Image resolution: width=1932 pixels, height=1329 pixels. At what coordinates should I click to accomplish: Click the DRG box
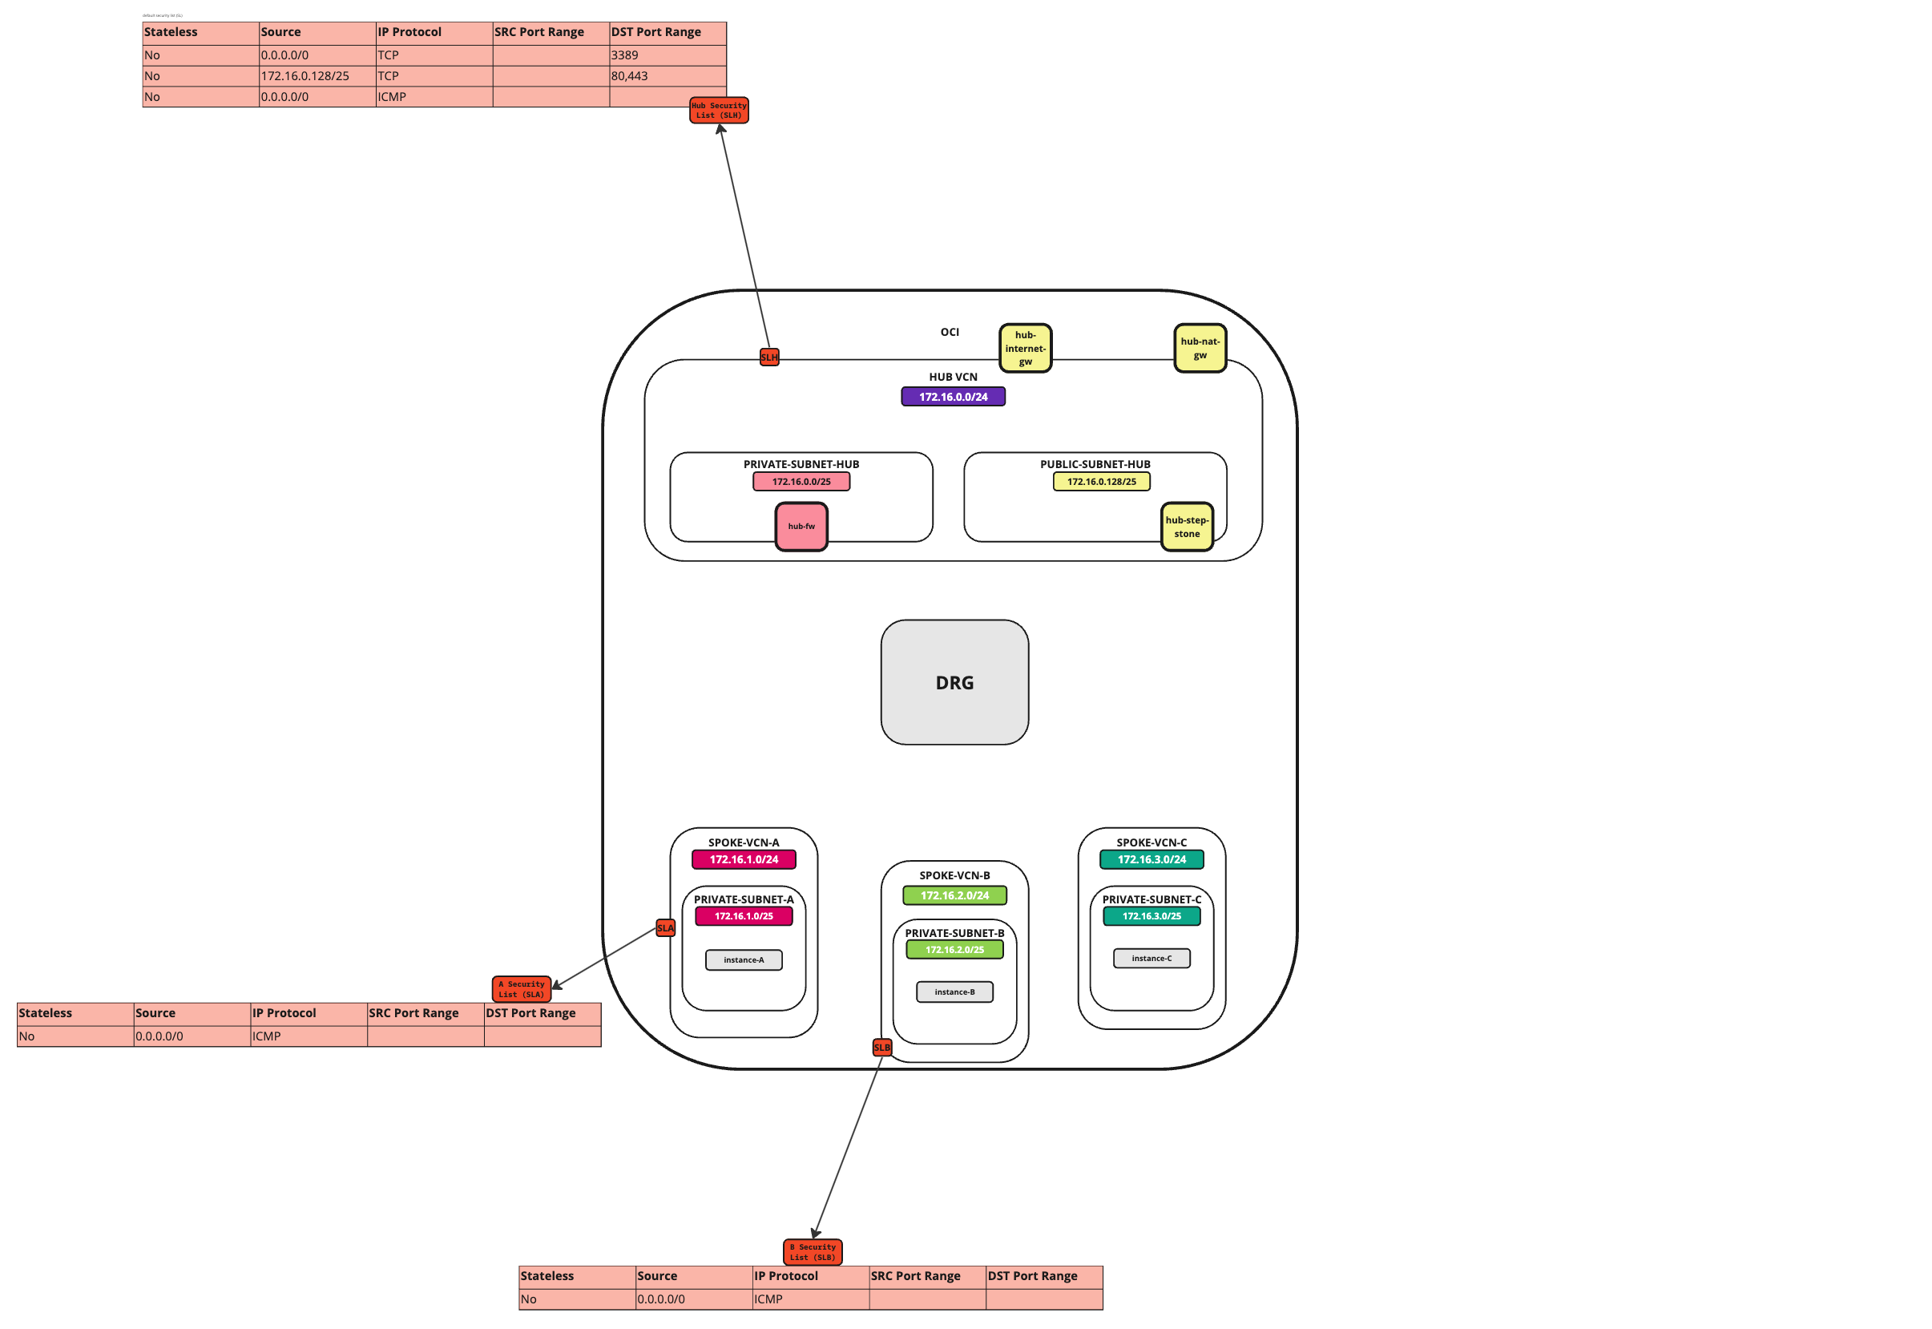pos(954,682)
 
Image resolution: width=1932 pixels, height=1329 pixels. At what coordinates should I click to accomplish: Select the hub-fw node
pos(801,527)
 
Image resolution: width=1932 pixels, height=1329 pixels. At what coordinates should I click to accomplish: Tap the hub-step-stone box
pos(1186,527)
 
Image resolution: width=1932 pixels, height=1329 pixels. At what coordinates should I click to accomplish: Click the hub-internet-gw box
pos(1025,348)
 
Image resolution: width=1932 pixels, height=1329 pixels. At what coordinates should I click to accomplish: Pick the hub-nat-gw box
pos(1200,348)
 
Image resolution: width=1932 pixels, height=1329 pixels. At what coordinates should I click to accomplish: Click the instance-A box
pos(744,959)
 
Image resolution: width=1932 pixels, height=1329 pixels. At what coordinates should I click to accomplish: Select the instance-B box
pos(954,992)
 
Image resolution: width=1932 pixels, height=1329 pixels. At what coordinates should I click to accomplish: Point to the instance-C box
pos(1152,958)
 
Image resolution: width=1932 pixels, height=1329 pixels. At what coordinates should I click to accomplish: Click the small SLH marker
pos(769,357)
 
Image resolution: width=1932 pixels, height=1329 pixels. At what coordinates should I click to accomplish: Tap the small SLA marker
pos(665,927)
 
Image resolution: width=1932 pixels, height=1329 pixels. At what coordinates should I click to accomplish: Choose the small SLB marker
pos(881,1047)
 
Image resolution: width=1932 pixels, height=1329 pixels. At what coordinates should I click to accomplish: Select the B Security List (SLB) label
pos(813,1251)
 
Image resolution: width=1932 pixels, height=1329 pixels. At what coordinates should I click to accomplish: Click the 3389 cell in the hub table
pos(667,55)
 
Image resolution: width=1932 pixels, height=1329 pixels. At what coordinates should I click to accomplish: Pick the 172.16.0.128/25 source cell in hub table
pos(317,76)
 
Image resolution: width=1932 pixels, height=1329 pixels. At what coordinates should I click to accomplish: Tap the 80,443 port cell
pos(667,76)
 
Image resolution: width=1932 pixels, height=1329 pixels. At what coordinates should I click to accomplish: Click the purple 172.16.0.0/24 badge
pos(953,396)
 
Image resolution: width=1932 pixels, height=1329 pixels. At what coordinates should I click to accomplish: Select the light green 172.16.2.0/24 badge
pos(954,895)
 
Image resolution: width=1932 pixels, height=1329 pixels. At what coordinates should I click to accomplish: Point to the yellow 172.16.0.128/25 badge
pos(1101,481)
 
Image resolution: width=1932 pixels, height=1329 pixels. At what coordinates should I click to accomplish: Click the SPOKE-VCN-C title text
pos(1152,842)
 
